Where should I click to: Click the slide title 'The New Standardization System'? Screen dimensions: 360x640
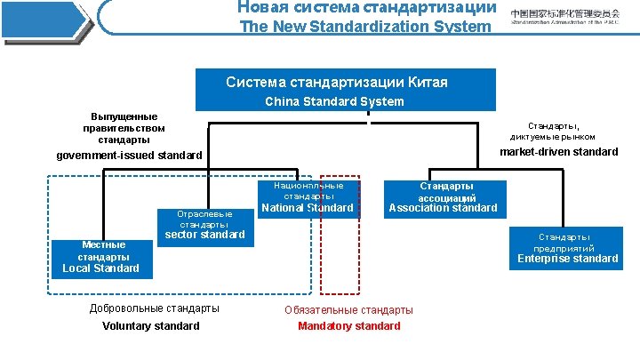366,27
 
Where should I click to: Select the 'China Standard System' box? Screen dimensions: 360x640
346,90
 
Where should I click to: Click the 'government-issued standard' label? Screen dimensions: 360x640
130,156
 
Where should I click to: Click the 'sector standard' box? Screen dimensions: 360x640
205,225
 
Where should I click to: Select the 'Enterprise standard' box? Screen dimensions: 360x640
568,248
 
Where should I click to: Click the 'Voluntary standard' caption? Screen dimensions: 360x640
151,326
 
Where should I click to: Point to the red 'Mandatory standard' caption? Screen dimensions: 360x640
349,326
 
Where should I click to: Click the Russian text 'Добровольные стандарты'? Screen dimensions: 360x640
155,308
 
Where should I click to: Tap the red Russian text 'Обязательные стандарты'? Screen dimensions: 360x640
348,309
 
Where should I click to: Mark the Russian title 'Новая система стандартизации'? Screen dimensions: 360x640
366,7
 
